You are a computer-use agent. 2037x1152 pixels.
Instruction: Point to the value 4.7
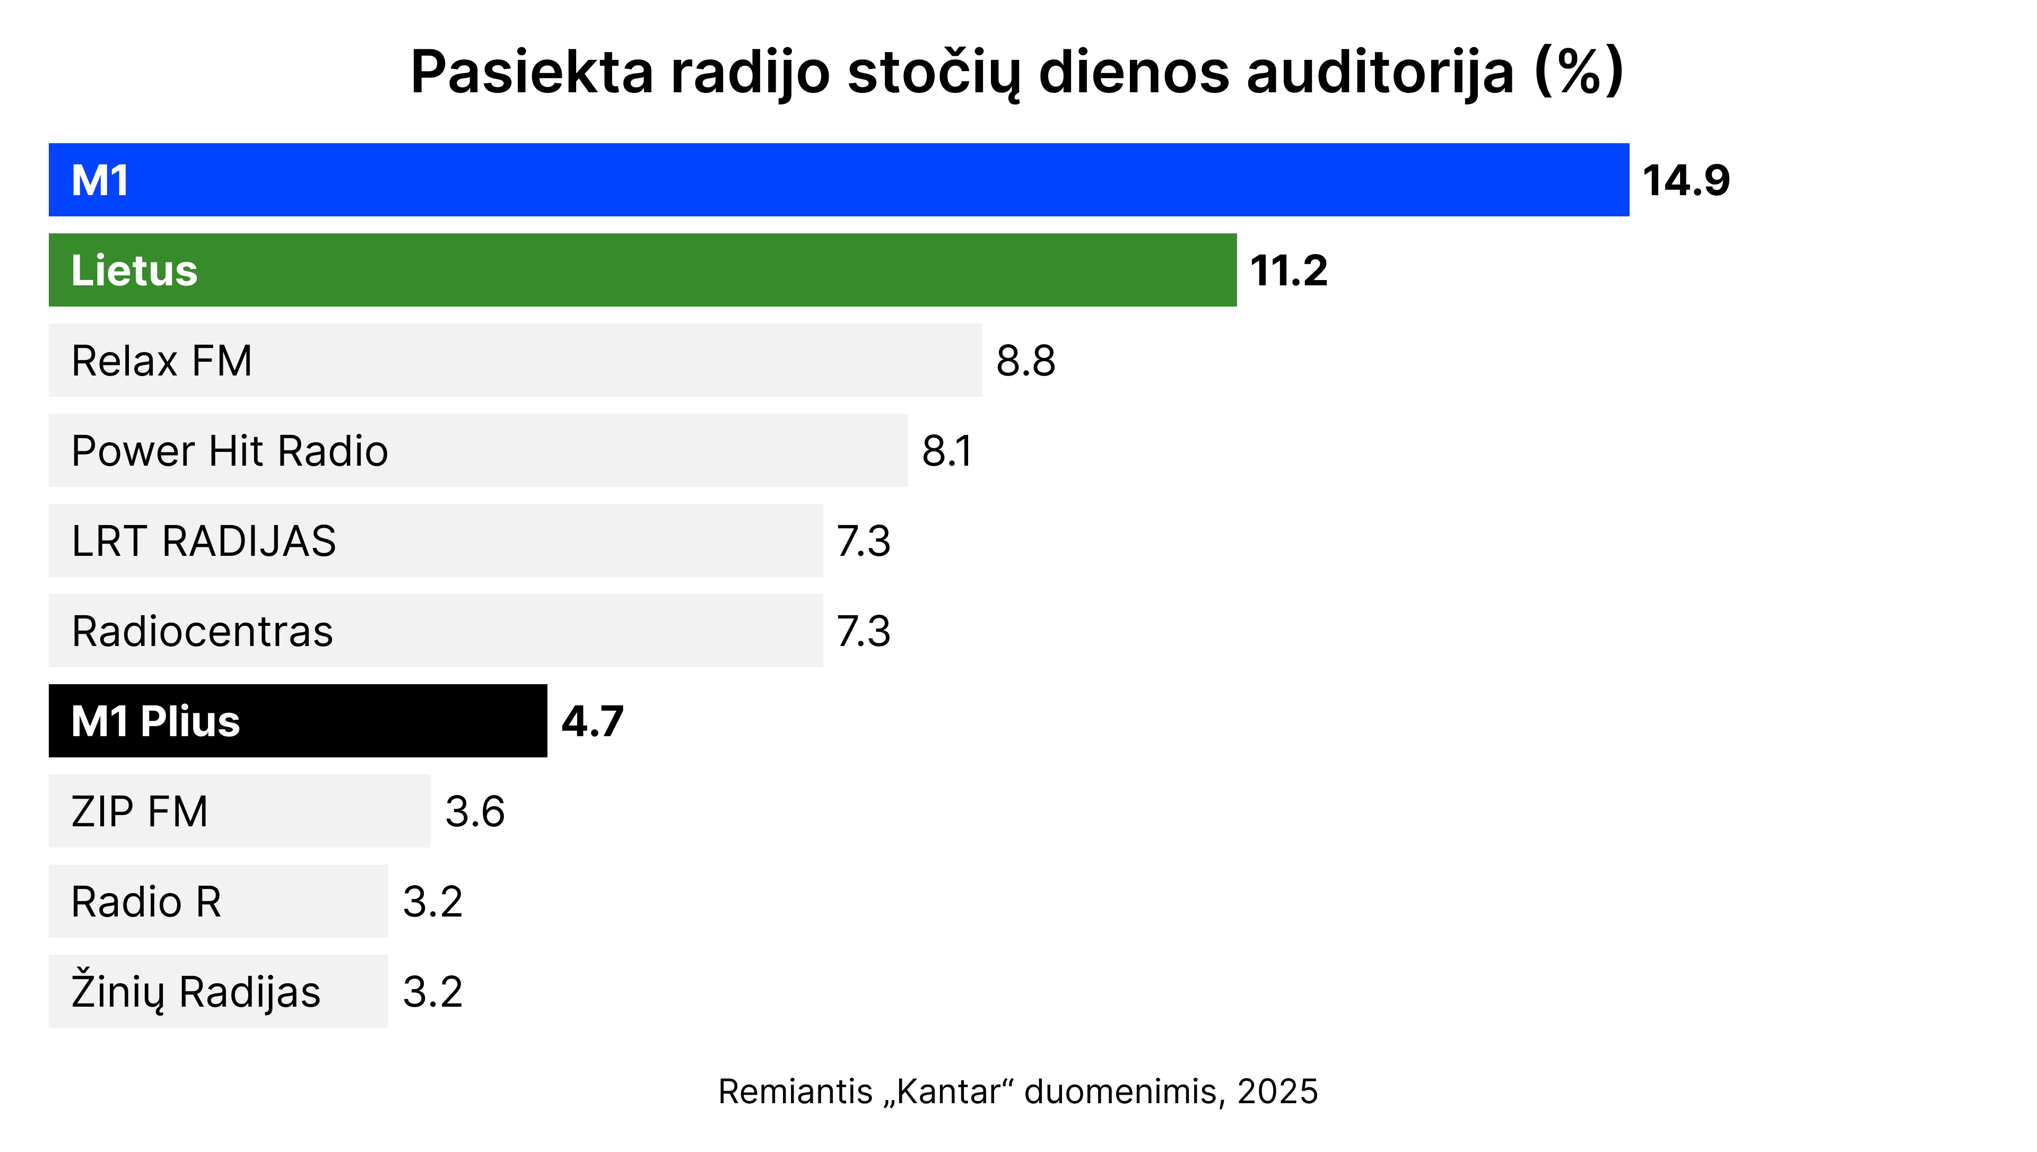tap(593, 721)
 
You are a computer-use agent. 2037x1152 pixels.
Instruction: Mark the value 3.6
tap(475, 812)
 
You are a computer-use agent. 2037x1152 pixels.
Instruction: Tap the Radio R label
tap(146, 902)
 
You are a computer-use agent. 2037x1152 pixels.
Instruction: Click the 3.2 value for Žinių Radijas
tap(433, 992)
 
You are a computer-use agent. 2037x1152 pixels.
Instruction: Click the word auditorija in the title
tap(1380, 73)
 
